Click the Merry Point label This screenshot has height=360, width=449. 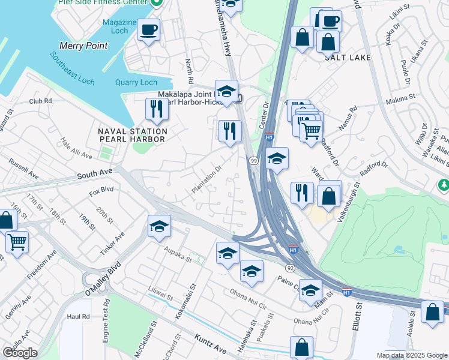pyautogui.click(x=83, y=46)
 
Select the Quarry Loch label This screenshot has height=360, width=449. pyautogui.click(x=136, y=83)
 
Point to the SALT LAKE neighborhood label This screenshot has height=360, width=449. pyautogui.click(x=348, y=58)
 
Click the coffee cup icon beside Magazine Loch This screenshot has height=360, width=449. pyautogui.click(x=148, y=29)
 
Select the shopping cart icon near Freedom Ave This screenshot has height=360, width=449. pyautogui.click(x=17, y=242)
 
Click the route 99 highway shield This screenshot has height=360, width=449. pyautogui.click(x=254, y=161)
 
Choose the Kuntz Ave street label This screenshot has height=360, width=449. pyautogui.click(x=210, y=347)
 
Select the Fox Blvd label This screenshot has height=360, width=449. pyautogui.click(x=101, y=193)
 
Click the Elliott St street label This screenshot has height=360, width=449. pyautogui.click(x=358, y=316)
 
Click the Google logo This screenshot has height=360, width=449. pyautogui.click(x=20, y=353)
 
